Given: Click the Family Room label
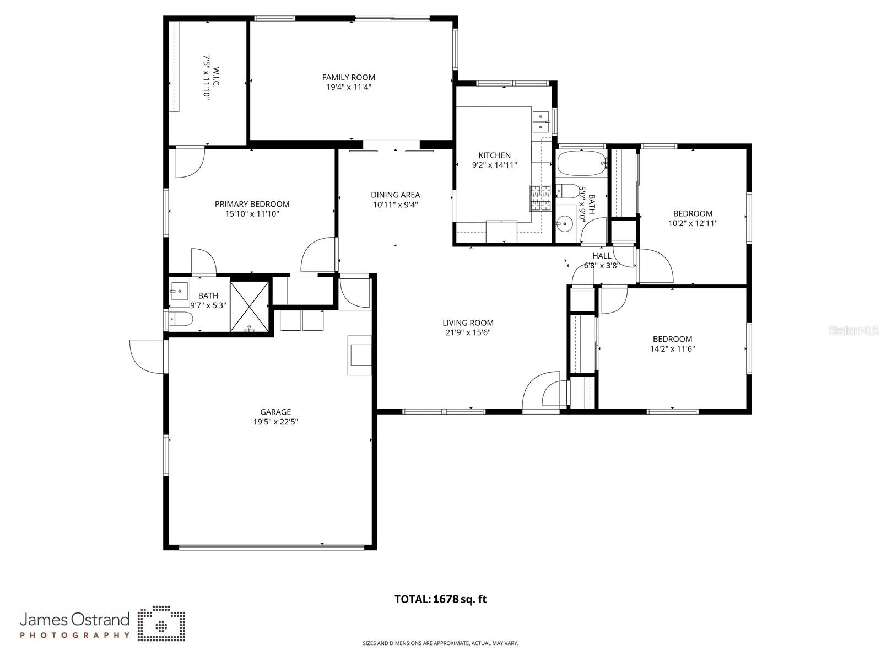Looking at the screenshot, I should [348, 77].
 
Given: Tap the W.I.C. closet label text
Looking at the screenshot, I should [215, 83].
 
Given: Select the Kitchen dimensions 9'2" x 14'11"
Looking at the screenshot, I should [494, 165].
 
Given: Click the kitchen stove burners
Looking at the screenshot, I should [540, 198].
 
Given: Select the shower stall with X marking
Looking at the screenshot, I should [250, 307].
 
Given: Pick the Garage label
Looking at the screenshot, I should [275, 412].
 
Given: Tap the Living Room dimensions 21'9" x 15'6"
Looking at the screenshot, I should [468, 332].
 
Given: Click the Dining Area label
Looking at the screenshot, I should [395, 195].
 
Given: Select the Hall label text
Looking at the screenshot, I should [602, 256].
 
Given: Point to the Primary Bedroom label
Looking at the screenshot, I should [252, 204].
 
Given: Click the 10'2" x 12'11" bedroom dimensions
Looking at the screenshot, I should [693, 223].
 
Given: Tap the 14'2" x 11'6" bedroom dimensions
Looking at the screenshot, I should [672, 348].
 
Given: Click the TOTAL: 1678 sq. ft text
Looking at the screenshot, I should [440, 599].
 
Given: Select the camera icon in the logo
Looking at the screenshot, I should [161, 625].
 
